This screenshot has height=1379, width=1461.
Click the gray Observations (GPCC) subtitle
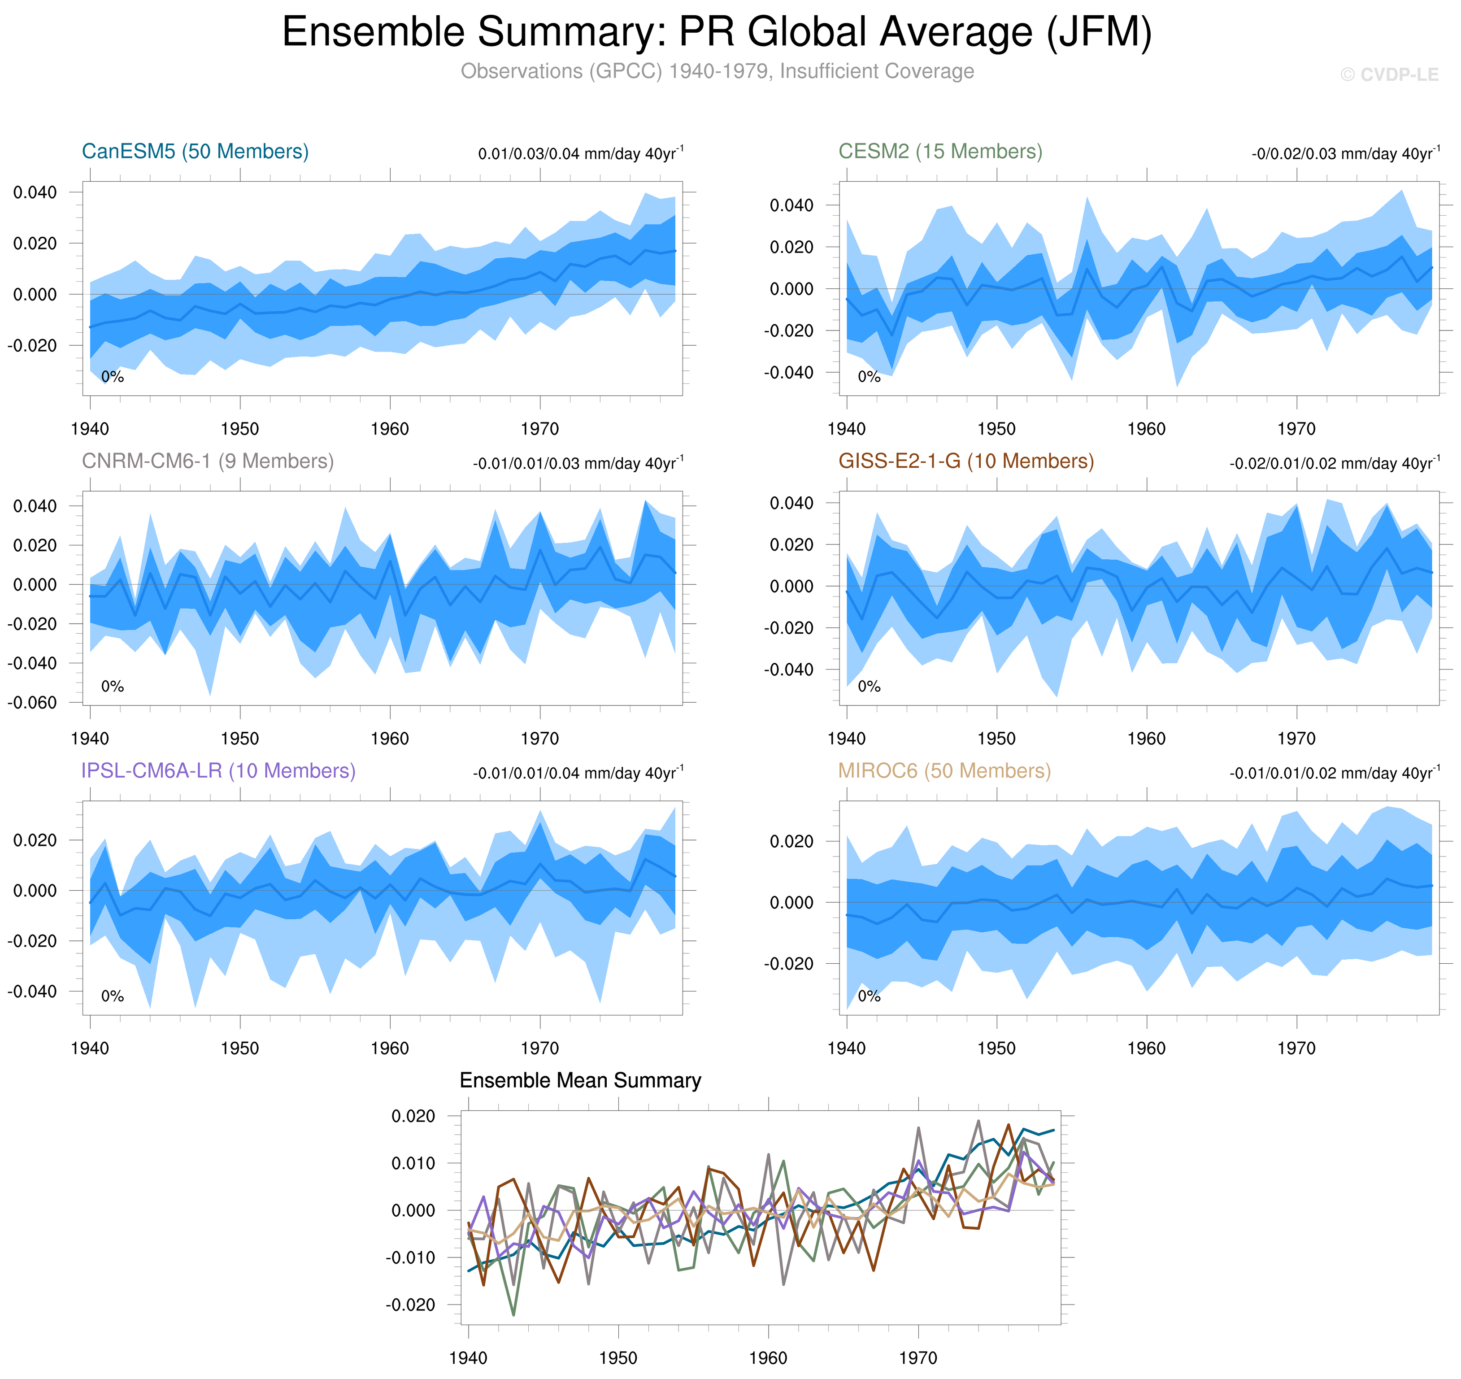tap(717, 71)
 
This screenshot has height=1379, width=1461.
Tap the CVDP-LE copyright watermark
tap(1388, 75)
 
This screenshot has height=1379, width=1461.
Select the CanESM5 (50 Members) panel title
tap(195, 152)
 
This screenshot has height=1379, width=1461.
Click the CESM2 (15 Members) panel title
tap(940, 152)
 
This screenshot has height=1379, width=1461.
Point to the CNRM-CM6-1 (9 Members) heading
tap(207, 461)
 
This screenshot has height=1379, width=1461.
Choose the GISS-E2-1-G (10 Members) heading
tap(965, 461)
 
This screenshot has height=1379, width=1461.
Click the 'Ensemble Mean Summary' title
tap(580, 1080)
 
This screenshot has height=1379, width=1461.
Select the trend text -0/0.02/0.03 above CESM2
tap(1345, 154)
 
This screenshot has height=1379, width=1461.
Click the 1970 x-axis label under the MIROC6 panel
tap(1296, 1048)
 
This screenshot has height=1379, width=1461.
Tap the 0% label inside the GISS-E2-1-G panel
tap(869, 687)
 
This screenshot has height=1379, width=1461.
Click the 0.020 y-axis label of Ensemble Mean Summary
tap(413, 1116)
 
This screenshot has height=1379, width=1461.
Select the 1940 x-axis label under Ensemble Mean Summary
tap(468, 1357)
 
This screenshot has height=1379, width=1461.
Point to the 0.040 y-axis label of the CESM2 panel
tap(791, 205)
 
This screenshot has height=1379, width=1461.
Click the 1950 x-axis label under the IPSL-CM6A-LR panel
tap(239, 1048)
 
